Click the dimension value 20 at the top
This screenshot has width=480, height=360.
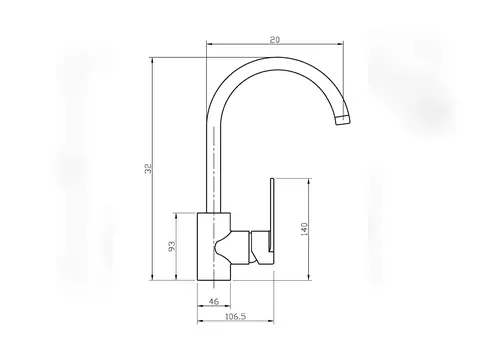(275, 40)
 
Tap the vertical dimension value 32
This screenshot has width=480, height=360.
(148, 168)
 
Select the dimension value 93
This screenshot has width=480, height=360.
(171, 246)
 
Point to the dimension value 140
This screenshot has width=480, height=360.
(304, 229)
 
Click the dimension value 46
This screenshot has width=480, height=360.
(214, 301)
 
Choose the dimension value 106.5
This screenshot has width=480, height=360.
(236, 316)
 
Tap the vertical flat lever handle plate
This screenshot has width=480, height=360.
(272, 215)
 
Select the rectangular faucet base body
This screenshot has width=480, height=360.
(214, 246)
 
